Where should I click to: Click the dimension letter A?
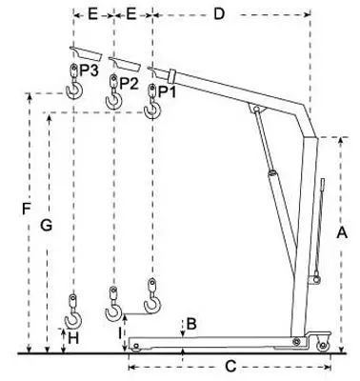click(x=342, y=232)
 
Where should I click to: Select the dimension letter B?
click(x=191, y=324)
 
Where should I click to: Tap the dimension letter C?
click(x=230, y=367)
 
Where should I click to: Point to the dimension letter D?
click(x=219, y=14)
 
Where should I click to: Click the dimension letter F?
click(x=27, y=210)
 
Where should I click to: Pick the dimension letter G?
click(x=47, y=226)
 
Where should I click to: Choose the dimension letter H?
click(x=73, y=339)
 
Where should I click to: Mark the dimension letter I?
click(x=120, y=333)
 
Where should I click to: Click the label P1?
click(x=167, y=91)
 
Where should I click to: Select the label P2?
click(x=129, y=83)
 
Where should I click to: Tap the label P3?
click(x=89, y=70)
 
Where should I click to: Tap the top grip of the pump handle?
click(x=323, y=185)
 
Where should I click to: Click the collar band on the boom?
click(x=171, y=75)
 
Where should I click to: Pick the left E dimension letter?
click(x=92, y=14)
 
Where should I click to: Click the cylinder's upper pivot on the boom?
click(x=256, y=110)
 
